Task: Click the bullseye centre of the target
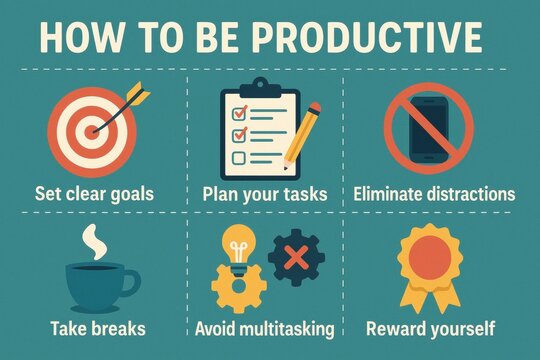(x=93, y=129)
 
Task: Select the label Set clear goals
(x=95, y=193)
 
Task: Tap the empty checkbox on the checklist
(x=238, y=158)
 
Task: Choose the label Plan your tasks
(x=265, y=193)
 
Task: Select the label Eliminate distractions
(x=434, y=193)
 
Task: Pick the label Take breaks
(x=96, y=328)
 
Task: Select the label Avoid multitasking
(x=265, y=328)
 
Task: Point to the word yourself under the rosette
(x=461, y=328)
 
